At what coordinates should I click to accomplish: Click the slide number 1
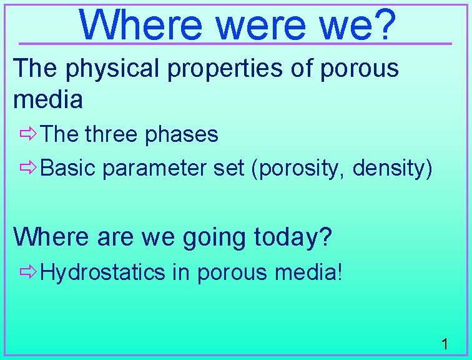(445, 343)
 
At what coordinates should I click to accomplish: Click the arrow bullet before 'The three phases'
(28, 134)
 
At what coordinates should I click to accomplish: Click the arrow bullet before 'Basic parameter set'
(28, 168)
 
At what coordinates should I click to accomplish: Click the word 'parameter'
(156, 169)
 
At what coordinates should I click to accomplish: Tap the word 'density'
(389, 169)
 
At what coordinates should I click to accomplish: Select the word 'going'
(209, 237)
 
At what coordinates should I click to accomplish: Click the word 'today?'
(293, 237)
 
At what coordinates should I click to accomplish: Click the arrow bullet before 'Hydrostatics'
(28, 272)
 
